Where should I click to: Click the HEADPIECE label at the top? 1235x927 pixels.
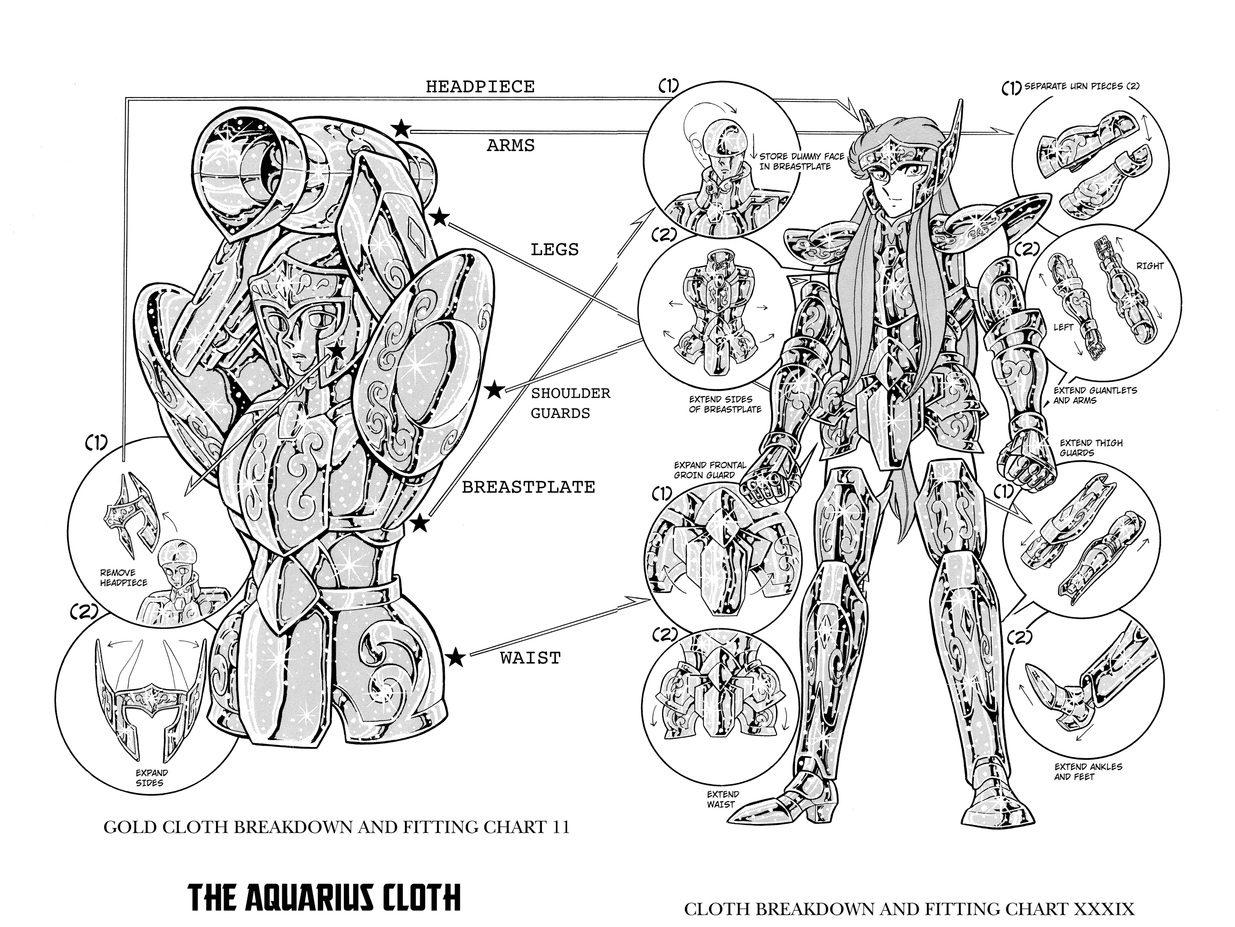[480, 87]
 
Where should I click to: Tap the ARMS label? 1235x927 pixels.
[511, 145]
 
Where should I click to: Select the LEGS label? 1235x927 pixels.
[555, 249]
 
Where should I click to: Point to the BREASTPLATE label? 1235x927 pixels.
[528, 487]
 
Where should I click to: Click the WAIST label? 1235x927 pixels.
[530, 658]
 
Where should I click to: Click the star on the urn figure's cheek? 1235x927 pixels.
[337, 351]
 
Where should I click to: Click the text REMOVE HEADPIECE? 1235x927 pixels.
[124, 578]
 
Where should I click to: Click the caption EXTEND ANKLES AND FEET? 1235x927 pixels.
[1088, 772]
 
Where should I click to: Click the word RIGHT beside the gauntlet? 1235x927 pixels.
[1149, 266]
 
